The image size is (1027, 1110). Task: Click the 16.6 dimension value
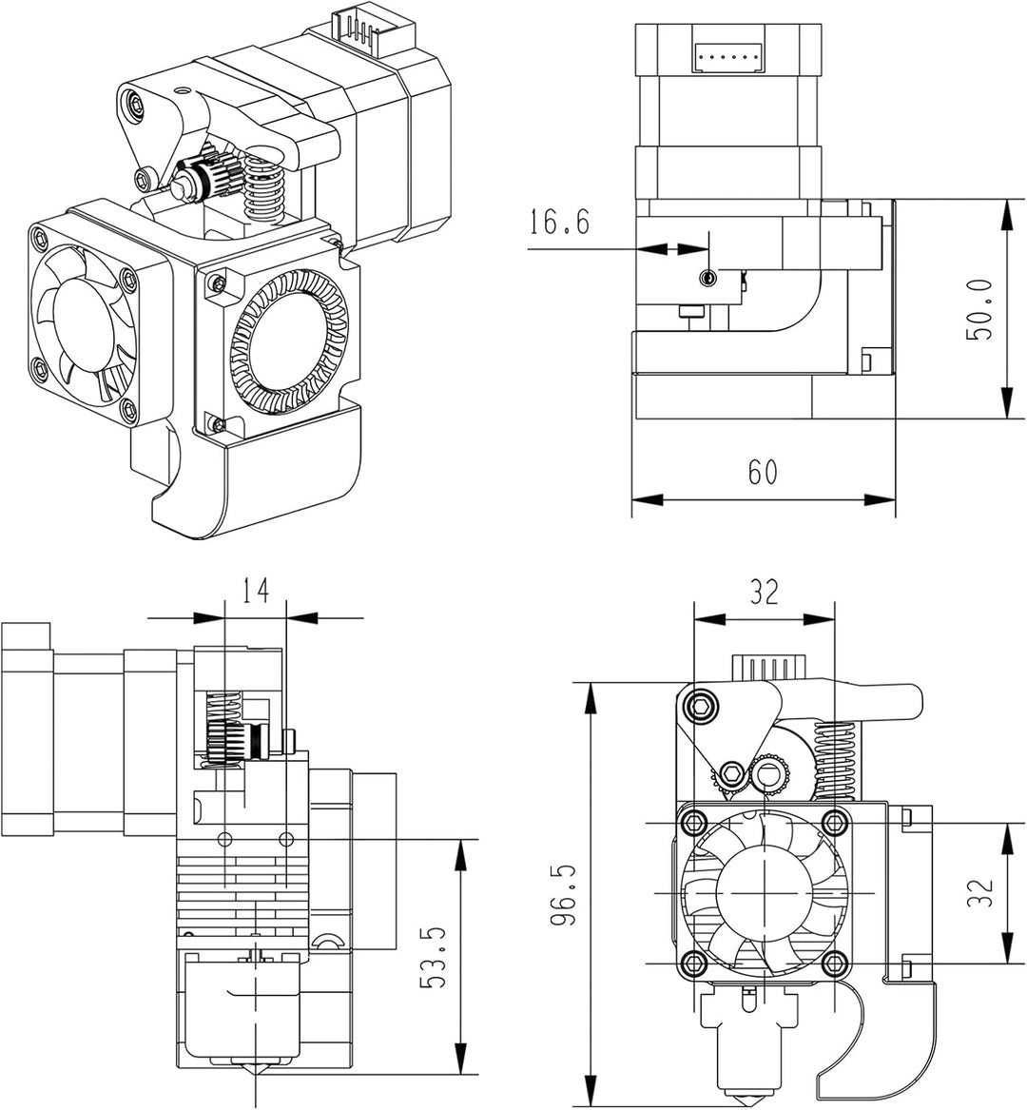pyautogui.click(x=559, y=223)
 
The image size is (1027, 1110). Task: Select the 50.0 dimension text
pyautogui.click(x=979, y=310)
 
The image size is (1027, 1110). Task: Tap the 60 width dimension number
pyautogui.click(x=762, y=472)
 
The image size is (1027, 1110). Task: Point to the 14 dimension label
pyautogui.click(x=254, y=591)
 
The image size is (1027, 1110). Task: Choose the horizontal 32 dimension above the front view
pyautogui.click(x=764, y=592)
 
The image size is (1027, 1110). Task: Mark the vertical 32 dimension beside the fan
pyautogui.click(x=980, y=892)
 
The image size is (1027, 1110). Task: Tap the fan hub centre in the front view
pyautogui.click(x=763, y=893)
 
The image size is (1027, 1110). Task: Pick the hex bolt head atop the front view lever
pyautogui.click(x=702, y=706)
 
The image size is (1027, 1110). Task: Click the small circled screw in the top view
pyautogui.click(x=707, y=277)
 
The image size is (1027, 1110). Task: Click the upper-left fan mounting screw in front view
pyautogui.click(x=695, y=821)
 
